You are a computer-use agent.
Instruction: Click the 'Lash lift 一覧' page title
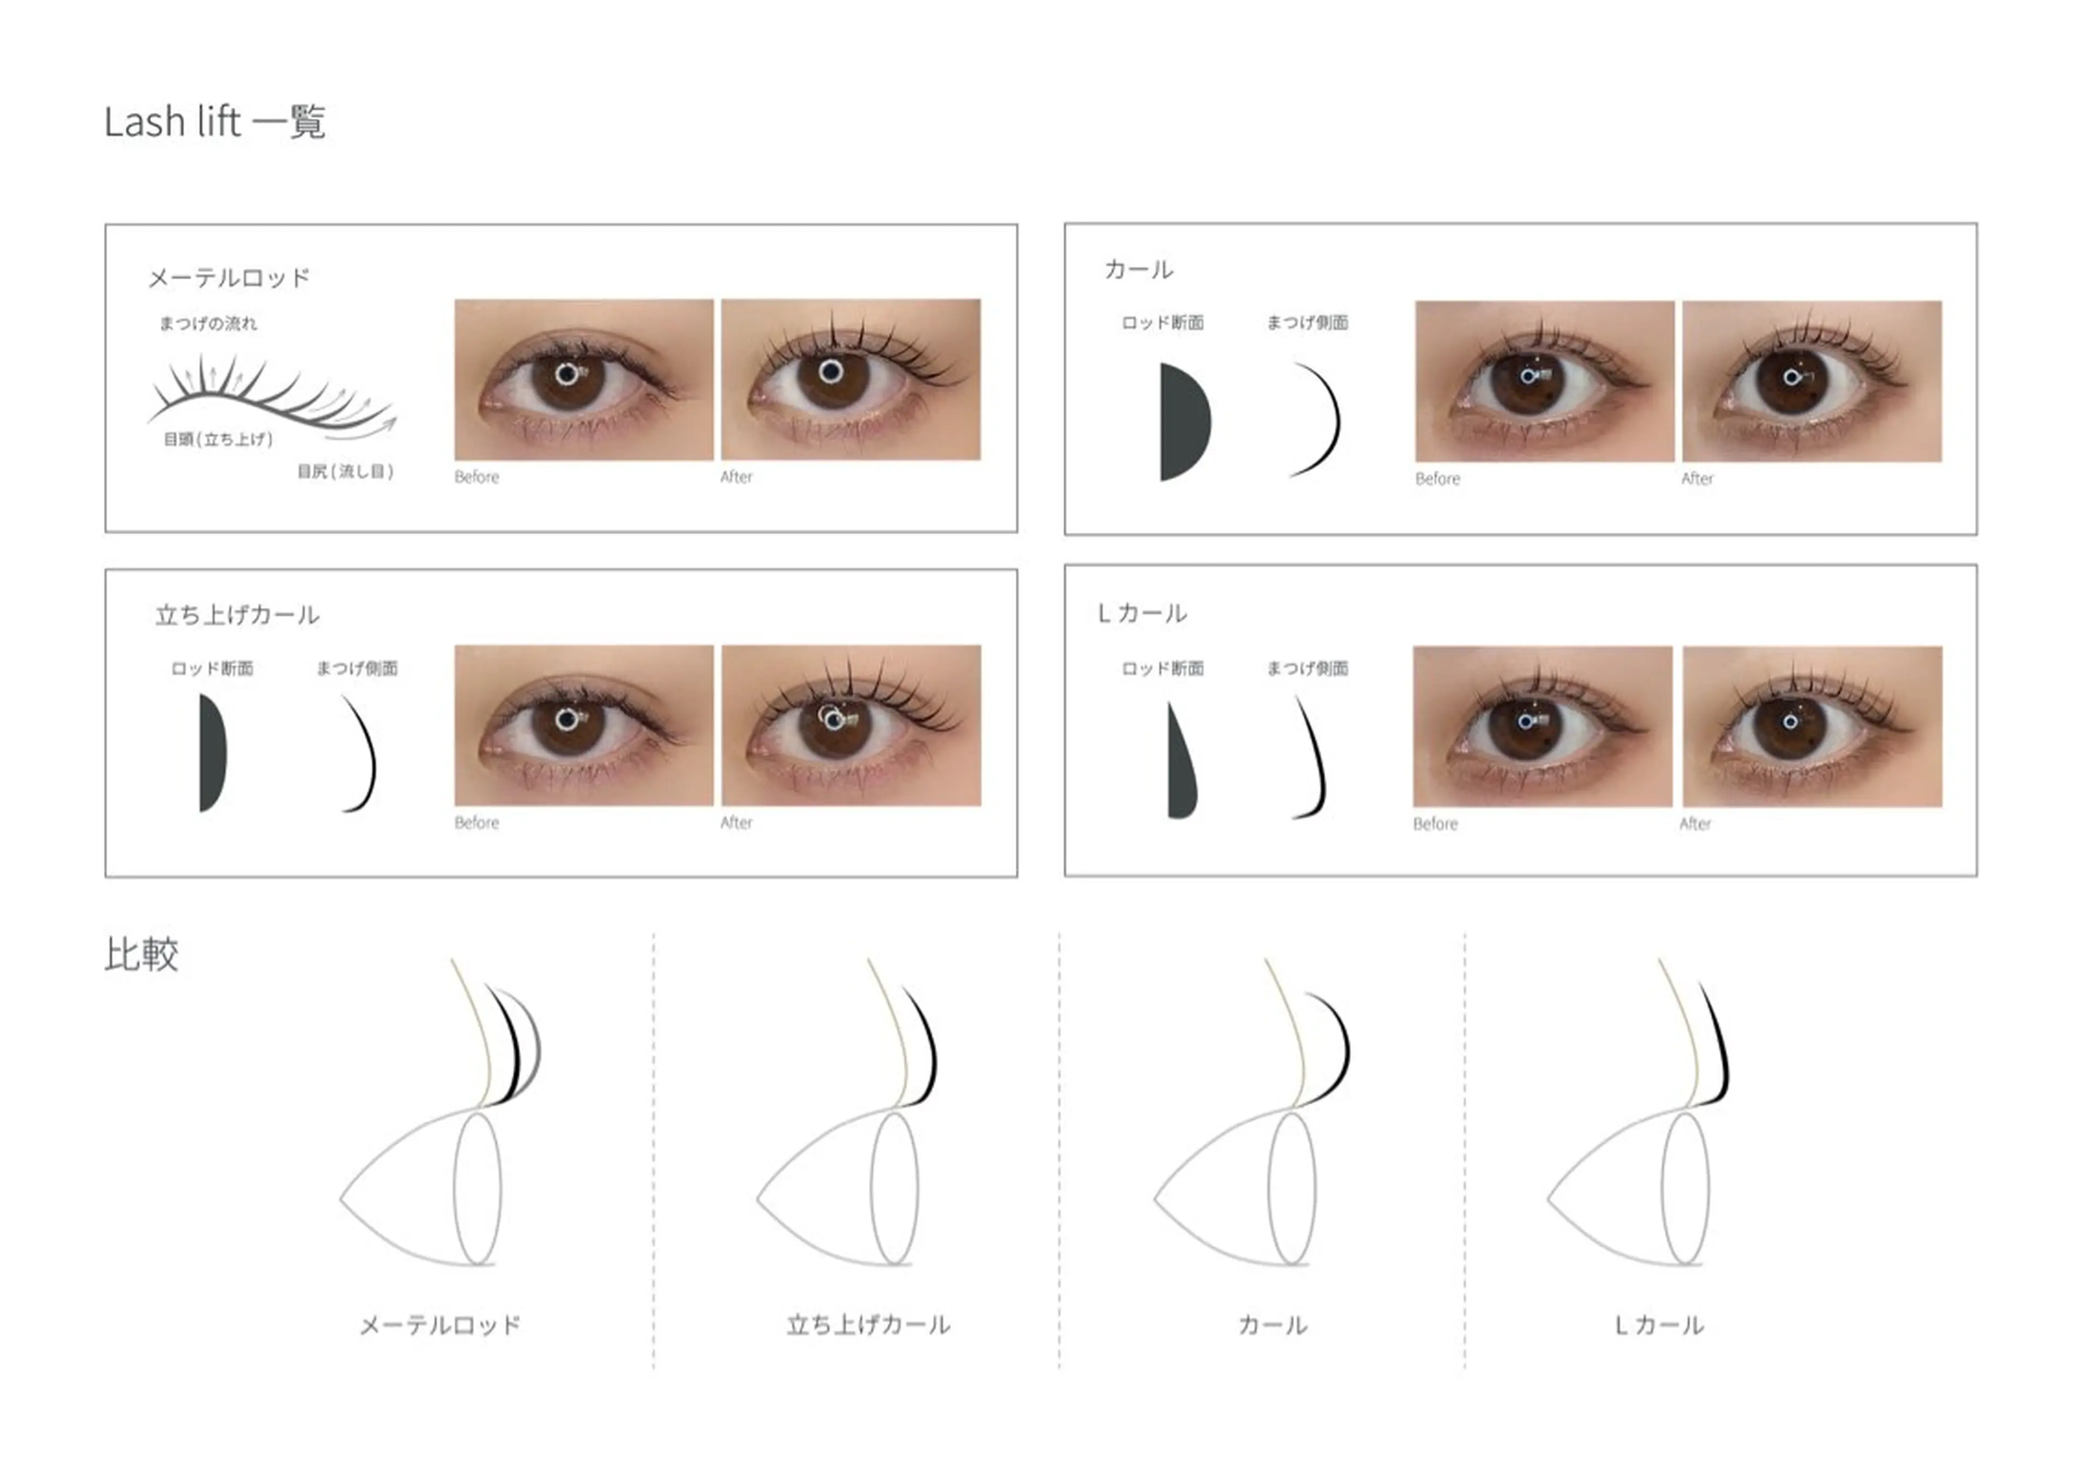tap(214, 121)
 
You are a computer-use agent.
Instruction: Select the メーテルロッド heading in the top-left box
tap(229, 278)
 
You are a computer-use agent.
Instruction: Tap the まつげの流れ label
tap(208, 323)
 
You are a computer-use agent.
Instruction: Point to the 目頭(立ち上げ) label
tap(218, 439)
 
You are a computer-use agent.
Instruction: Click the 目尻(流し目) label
tap(345, 471)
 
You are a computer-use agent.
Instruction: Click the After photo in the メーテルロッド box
tap(851, 380)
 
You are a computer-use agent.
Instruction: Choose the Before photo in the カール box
tap(1545, 381)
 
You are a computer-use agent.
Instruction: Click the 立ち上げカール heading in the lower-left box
tap(237, 616)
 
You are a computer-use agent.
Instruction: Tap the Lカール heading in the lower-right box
tap(1142, 613)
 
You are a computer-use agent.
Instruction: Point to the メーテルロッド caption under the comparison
tap(441, 1325)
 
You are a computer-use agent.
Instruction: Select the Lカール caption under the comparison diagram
tap(1659, 1325)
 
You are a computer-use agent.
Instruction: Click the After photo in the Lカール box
tap(1813, 726)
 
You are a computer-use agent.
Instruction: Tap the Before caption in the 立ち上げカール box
tap(476, 822)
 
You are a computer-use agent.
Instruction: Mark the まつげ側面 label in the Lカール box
tap(1307, 669)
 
